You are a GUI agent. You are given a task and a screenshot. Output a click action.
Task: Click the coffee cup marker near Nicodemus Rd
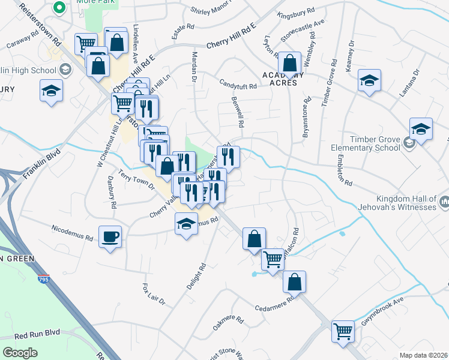pos(110,236)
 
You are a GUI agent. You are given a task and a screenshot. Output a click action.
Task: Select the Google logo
pos(20,352)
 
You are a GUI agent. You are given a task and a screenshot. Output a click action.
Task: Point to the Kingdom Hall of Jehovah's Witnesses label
pos(405,203)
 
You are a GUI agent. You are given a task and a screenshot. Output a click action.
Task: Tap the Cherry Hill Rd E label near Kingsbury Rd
pos(231,35)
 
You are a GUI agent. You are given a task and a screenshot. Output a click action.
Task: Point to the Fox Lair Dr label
pos(154,293)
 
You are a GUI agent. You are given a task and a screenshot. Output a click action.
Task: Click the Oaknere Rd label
pos(228,325)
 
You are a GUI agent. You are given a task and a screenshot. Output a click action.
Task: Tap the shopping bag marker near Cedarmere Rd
pos(294,281)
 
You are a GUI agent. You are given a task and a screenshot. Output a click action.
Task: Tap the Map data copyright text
pos(423,355)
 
